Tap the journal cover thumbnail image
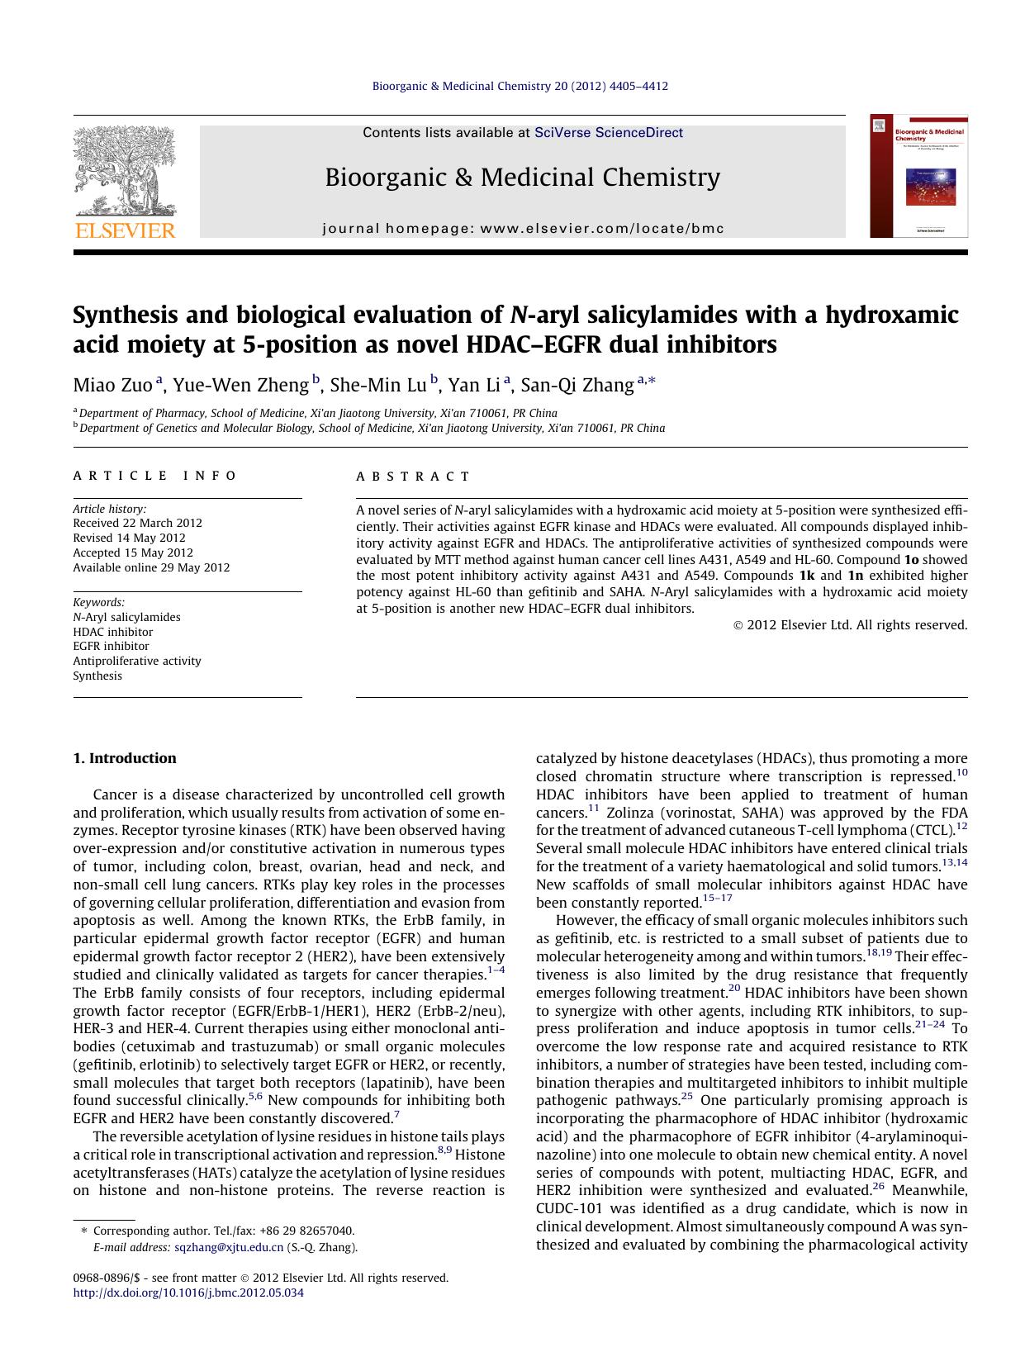click(x=918, y=176)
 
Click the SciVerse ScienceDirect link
click(x=609, y=132)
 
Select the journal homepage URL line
click(x=523, y=229)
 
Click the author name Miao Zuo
click(x=113, y=385)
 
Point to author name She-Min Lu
click(x=377, y=385)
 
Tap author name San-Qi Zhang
click(x=577, y=385)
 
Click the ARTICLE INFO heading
click(x=154, y=476)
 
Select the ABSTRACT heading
click(x=413, y=477)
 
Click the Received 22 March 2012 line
click(x=137, y=523)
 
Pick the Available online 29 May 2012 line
click(x=151, y=567)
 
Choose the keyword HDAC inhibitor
click(x=112, y=632)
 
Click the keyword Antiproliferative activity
click(x=137, y=661)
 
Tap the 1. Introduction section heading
click(x=125, y=758)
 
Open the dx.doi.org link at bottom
click(x=188, y=1292)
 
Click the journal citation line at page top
click(x=520, y=86)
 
